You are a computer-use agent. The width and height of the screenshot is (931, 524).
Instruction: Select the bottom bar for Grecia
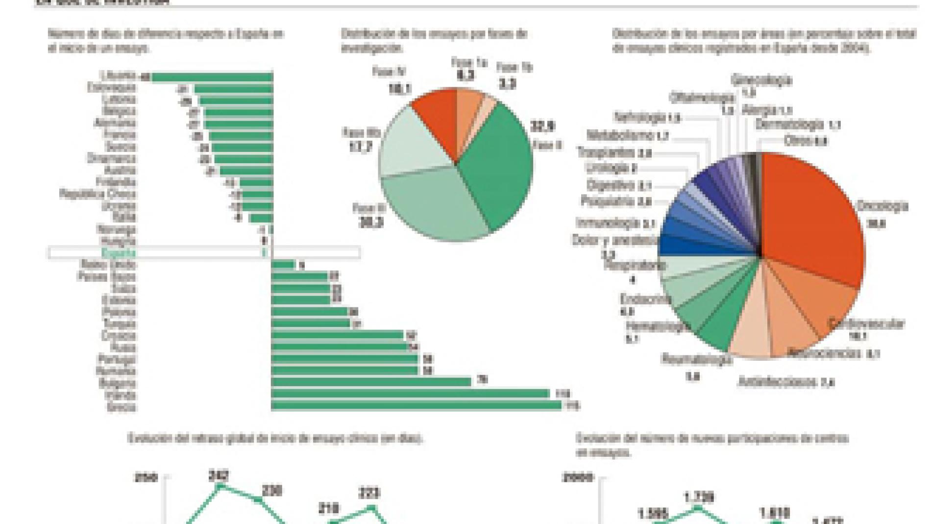[x=416, y=406]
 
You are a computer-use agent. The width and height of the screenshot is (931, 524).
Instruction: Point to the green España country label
[x=118, y=253]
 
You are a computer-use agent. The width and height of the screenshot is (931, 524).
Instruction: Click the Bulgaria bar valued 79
[x=371, y=382]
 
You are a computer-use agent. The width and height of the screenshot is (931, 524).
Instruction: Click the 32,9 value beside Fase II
[x=542, y=126]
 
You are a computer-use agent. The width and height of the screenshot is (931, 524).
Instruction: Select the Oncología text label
[x=882, y=206]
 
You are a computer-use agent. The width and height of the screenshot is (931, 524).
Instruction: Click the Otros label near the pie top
[x=798, y=140]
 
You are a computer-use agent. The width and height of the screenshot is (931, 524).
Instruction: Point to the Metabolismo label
[x=621, y=135]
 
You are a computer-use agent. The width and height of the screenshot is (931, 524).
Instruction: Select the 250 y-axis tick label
[x=146, y=477]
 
